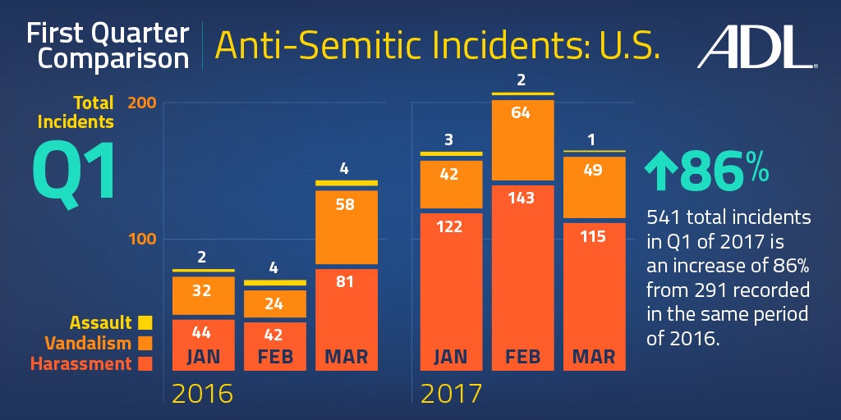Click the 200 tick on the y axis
pos(143,103)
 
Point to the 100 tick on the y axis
pos(143,240)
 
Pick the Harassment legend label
pos(80,363)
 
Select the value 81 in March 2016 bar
pos(345,282)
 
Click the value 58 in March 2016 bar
pos(345,204)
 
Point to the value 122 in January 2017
pos(451,226)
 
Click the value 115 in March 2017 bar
pos(592,236)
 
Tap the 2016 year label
pos(202,394)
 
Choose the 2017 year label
pos(451,394)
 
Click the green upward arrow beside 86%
pos(660,170)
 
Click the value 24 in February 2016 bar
pos(274,303)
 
